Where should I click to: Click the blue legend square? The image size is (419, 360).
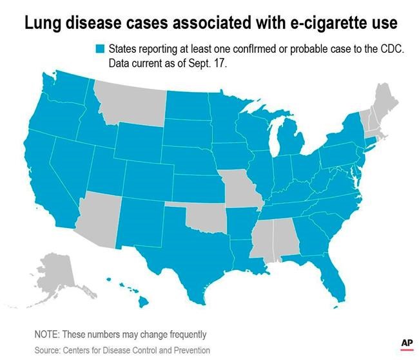click(100, 49)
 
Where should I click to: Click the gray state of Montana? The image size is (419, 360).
click(129, 103)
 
